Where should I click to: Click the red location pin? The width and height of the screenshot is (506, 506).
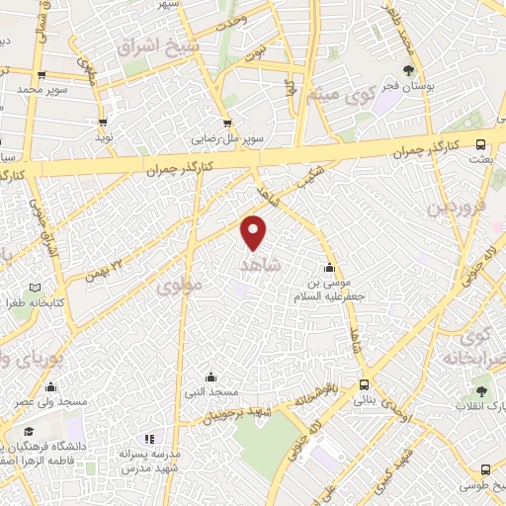(254, 231)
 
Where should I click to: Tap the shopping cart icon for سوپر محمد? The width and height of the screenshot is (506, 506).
(41, 75)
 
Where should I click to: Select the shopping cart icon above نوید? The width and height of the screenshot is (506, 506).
(103, 123)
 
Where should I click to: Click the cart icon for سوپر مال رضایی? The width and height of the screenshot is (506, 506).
(227, 124)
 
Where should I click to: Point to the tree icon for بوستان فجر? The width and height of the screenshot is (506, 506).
(409, 68)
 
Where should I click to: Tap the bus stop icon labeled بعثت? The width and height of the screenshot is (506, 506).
(481, 144)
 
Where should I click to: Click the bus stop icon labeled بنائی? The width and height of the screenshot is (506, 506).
(365, 384)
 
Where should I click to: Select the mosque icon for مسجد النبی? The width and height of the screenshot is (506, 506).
(211, 377)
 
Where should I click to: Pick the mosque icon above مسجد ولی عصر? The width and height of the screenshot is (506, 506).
(50, 387)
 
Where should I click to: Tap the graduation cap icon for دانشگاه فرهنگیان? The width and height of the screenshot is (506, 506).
(30, 432)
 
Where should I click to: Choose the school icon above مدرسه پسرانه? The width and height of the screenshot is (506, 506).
(149, 439)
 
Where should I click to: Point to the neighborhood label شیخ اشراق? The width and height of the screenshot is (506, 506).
(157, 45)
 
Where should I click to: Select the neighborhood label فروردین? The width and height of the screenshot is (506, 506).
(452, 209)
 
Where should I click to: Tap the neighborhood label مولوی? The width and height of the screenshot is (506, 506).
(178, 286)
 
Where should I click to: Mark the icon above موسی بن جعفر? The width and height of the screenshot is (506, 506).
(328, 268)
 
